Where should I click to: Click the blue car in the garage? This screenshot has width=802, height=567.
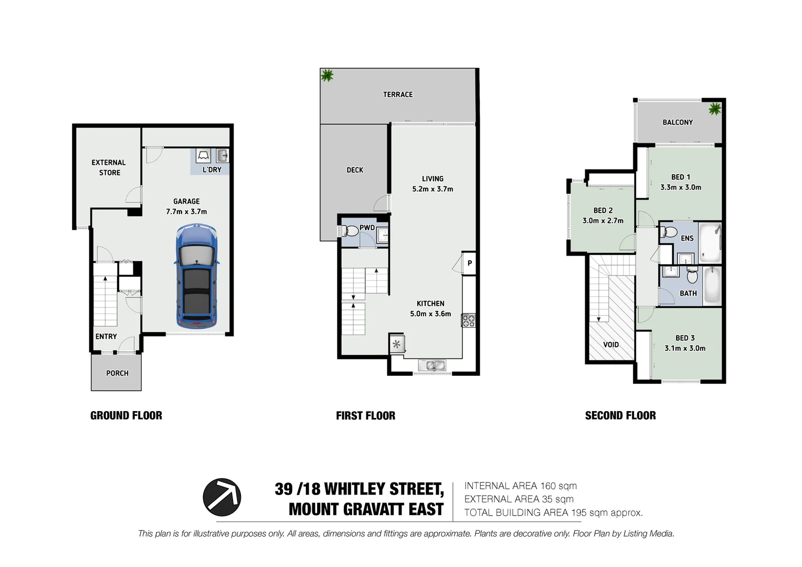197,276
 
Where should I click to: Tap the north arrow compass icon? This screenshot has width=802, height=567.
222,497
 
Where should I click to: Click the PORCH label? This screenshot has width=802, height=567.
117,373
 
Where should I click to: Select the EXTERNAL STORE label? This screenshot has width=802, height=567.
109,167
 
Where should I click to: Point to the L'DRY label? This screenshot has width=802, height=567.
212,170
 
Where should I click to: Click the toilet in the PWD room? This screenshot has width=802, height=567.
350,230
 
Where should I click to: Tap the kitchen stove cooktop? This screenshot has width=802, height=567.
468,320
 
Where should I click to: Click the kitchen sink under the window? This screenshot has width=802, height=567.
432,365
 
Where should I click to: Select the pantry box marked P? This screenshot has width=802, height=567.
469,264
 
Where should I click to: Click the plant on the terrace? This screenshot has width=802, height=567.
327,76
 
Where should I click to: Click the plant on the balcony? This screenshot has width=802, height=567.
714,109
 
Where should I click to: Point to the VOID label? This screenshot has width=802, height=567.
611,345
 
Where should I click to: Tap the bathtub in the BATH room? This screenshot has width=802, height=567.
712,286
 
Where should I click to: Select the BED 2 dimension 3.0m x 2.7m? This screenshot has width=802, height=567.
603,221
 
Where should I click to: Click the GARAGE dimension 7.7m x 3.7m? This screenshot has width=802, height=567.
186,212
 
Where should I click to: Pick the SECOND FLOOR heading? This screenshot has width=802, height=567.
620,416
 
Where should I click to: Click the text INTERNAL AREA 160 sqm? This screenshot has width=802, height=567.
520,486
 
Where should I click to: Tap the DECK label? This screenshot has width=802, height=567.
355,170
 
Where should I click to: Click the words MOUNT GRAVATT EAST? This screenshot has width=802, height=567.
366,509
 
